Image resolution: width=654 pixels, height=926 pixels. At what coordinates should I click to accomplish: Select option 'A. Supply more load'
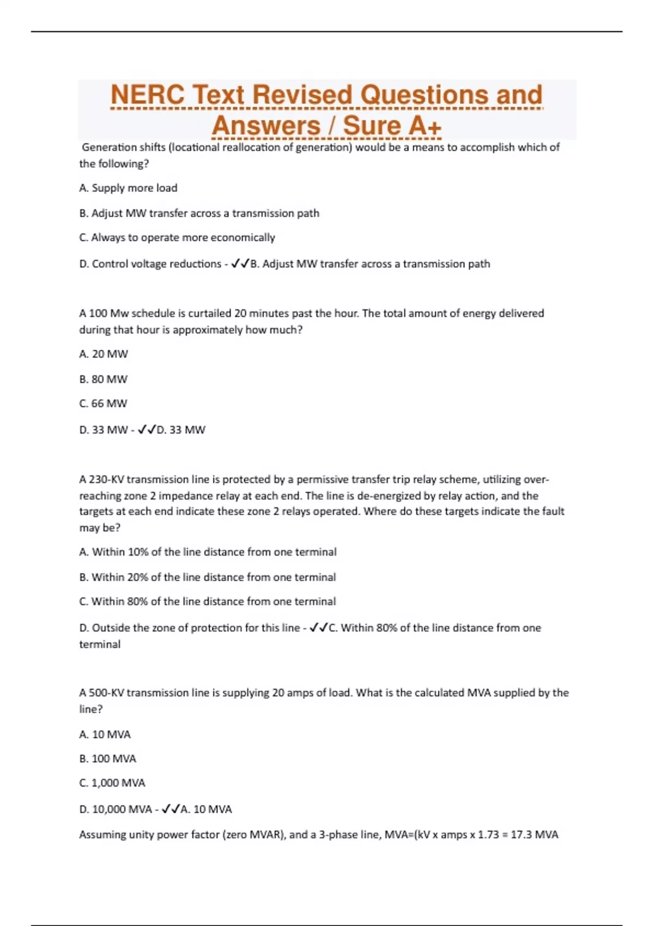128,188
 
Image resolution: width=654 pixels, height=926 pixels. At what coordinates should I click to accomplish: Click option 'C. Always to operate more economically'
177,237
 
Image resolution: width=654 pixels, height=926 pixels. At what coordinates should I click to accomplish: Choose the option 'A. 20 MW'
104,354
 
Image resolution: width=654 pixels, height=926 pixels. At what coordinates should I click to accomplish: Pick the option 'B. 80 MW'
104,379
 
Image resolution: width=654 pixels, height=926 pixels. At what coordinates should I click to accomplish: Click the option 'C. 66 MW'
104,404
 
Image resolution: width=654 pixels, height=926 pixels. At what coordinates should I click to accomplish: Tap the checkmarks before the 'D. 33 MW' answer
147,430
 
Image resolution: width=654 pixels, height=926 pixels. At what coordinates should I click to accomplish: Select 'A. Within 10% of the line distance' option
208,552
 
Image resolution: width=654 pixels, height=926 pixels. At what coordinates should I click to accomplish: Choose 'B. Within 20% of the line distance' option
208,577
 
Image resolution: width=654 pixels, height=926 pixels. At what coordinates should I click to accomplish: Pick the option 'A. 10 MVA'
105,734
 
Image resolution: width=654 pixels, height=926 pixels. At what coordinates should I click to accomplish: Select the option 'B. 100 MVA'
108,759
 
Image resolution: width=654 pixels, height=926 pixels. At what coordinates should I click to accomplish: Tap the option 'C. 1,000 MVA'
112,783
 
